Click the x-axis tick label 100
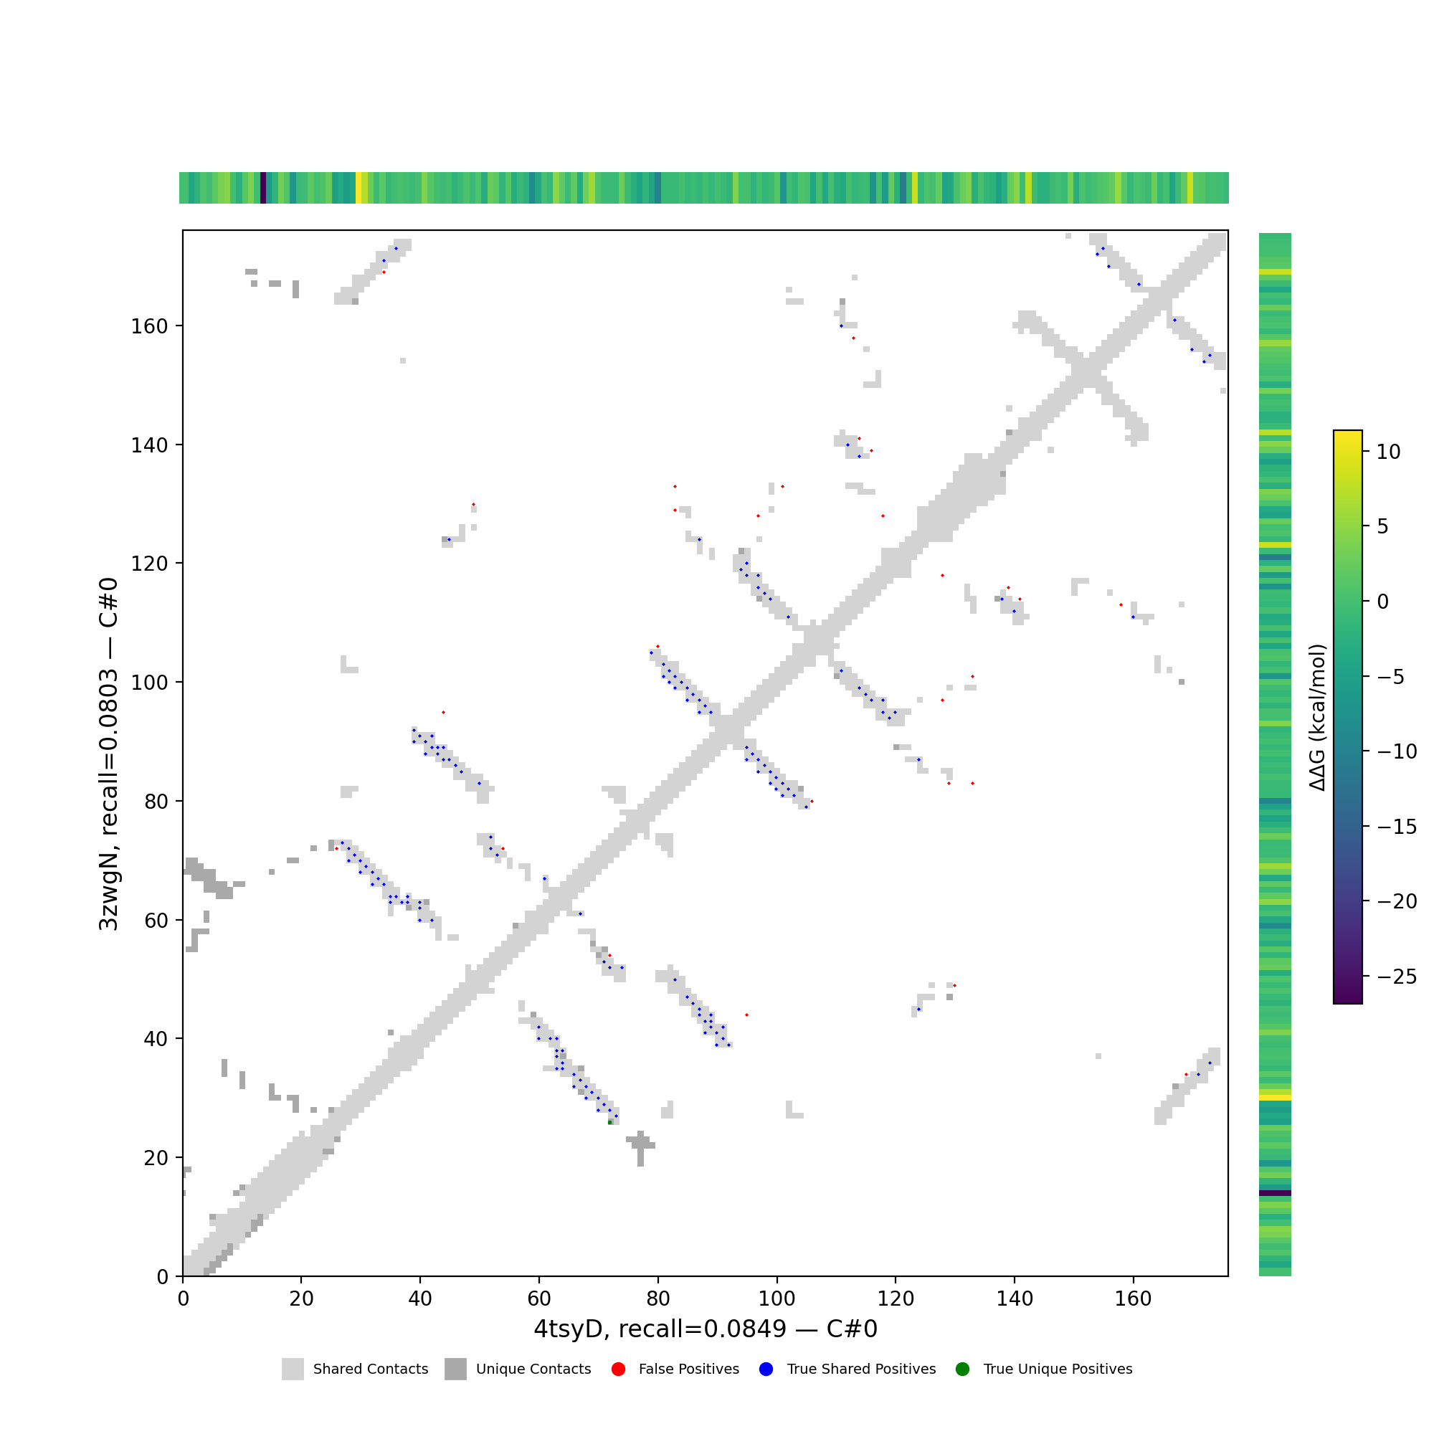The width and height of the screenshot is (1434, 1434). pyautogui.click(x=777, y=1298)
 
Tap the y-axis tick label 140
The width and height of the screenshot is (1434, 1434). pyautogui.click(x=149, y=445)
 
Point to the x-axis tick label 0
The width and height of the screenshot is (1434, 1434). pyautogui.click(x=183, y=1298)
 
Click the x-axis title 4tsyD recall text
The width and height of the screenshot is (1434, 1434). pyautogui.click(x=705, y=1329)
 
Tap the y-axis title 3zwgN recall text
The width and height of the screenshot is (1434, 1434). pyautogui.click(x=108, y=754)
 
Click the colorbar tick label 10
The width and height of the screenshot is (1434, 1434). pyautogui.click(x=1388, y=452)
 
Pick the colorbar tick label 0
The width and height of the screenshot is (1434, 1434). pyautogui.click(x=1382, y=602)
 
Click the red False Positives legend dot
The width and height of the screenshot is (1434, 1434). pyautogui.click(x=618, y=1369)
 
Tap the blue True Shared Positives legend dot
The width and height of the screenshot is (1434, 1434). pyautogui.click(x=766, y=1369)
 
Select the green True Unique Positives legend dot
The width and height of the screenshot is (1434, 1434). pyautogui.click(x=963, y=1369)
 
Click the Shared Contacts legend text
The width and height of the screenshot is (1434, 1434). pyautogui.click(x=371, y=1369)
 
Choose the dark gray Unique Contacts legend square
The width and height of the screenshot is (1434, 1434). pyautogui.click(x=456, y=1369)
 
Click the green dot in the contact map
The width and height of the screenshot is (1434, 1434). pyautogui.click(x=610, y=1122)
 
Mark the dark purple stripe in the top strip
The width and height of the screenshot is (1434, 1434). pyautogui.click(x=262, y=188)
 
